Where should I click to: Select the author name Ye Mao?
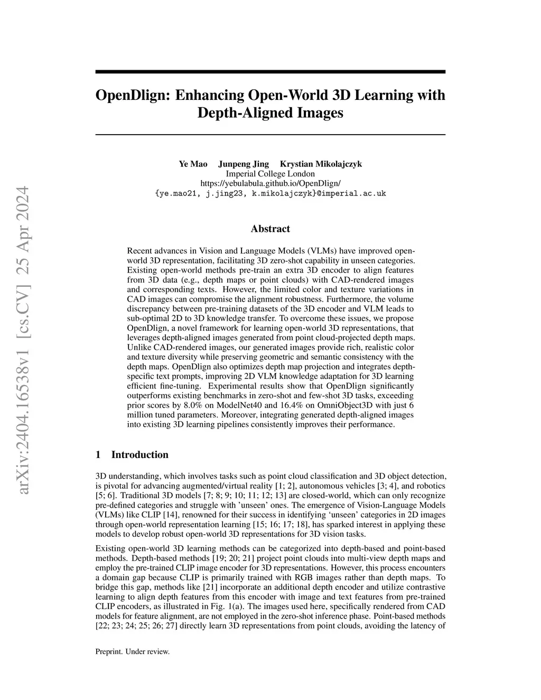pyautogui.click(x=193, y=164)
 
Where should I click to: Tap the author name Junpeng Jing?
pyautogui.click(x=244, y=164)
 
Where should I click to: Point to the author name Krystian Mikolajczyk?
pyautogui.click(x=321, y=164)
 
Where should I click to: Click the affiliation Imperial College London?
pyautogui.click(x=270, y=174)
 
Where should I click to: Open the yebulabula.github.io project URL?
pyautogui.click(x=270, y=183)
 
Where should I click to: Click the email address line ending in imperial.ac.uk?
pyautogui.click(x=270, y=193)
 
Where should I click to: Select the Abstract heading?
pyautogui.click(x=270, y=229)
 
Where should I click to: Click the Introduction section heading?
pyautogui.click(x=139, y=455)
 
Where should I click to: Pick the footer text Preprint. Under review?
pyautogui.click(x=132, y=651)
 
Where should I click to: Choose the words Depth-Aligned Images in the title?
pyautogui.click(x=270, y=113)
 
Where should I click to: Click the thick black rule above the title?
pyautogui.click(x=270, y=71)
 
